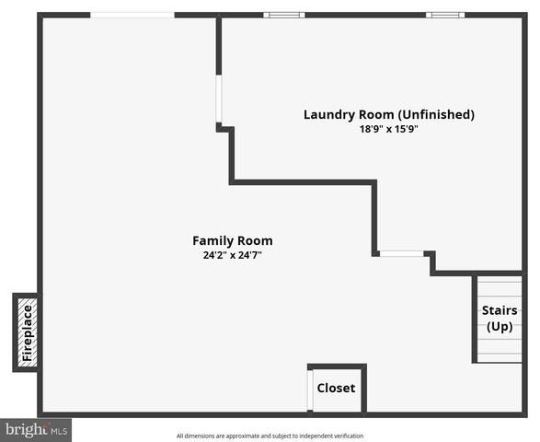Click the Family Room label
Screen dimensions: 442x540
(x=232, y=240)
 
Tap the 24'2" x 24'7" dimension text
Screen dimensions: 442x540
(x=232, y=255)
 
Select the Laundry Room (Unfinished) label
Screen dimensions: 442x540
(x=389, y=115)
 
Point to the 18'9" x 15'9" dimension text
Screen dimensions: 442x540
(x=389, y=130)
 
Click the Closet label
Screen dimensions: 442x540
(x=336, y=389)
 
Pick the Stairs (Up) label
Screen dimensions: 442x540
(x=500, y=319)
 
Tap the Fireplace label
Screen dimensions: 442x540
(x=27, y=332)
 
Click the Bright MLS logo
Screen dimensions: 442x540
(x=36, y=430)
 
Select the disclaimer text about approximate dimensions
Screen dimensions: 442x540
(x=270, y=436)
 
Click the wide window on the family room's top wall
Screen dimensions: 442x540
(x=132, y=15)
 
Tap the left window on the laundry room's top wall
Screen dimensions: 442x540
(x=283, y=15)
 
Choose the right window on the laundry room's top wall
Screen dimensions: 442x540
(x=445, y=15)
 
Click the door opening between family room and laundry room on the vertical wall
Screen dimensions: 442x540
(x=219, y=99)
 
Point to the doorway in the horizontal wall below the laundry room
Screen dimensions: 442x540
(x=402, y=254)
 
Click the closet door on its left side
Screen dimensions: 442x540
(x=310, y=390)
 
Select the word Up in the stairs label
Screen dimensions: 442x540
(x=500, y=327)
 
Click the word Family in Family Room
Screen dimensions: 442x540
(x=213, y=240)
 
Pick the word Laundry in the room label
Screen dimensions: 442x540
(x=329, y=115)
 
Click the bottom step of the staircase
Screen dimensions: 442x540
(x=500, y=356)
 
